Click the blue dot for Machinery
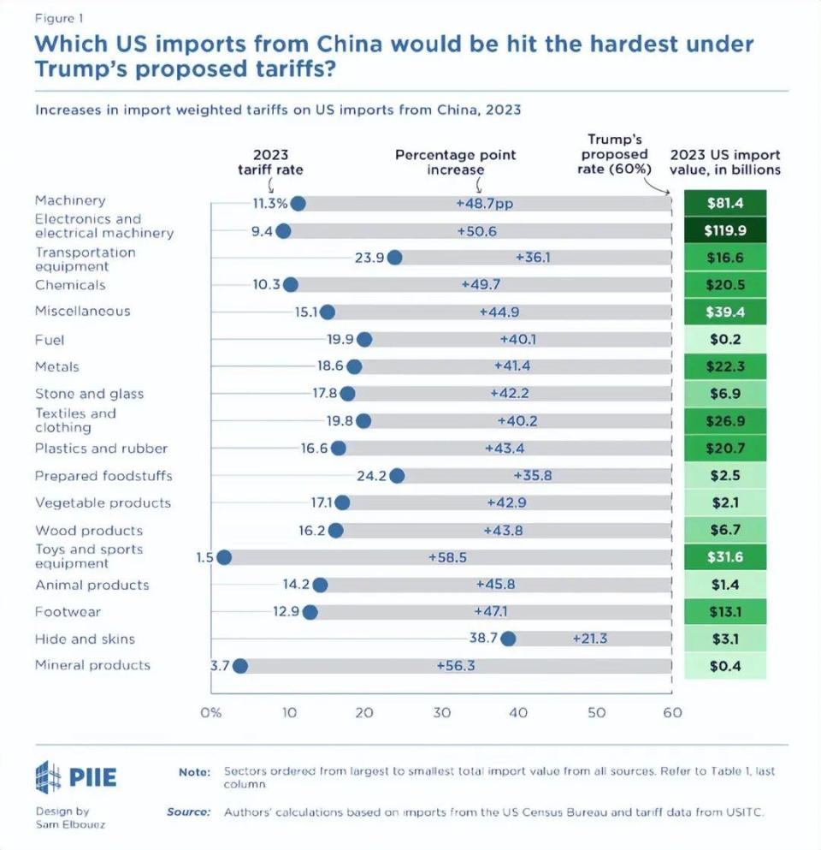(x=298, y=204)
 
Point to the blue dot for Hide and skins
(x=508, y=639)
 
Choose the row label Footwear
(x=68, y=612)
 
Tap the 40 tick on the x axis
(x=519, y=712)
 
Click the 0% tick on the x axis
(x=210, y=712)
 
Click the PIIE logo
(x=76, y=777)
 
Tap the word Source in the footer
(x=188, y=811)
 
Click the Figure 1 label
(x=59, y=17)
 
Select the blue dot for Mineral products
(x=239, y=666)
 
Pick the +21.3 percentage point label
(x=591, y=639)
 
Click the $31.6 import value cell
(x=724, y=557)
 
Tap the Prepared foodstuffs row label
(x=103, y=476)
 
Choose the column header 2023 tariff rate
(x=270, y=162)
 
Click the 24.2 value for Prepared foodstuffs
(x=372, y=476)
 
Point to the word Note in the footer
(x=194, y=772)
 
